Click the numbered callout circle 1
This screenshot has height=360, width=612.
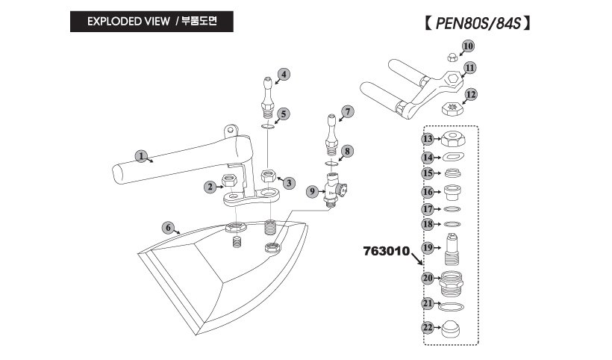[x=140, y=155]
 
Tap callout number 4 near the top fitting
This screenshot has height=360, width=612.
[x=284, y=73]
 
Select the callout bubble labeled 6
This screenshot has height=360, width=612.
[x=169, y=227]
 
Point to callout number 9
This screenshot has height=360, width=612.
[x=312, y=192]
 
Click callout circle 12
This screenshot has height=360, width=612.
[x=469, y=94]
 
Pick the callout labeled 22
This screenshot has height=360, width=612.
[x=427, y=327]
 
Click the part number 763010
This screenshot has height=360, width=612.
[x=387, y=252]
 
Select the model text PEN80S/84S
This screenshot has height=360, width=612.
[x=472, y=23]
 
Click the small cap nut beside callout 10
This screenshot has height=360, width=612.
[x=451, y=57]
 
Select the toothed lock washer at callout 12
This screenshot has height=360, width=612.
[x=450, y=108]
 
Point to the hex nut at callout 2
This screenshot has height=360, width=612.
[x=231, y=180]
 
